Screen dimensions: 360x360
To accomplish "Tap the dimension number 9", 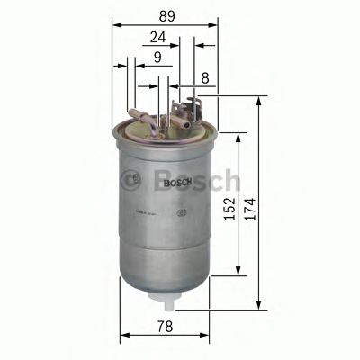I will (x=157, y=58).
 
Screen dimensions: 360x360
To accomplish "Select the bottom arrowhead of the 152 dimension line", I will (x=238, y=273).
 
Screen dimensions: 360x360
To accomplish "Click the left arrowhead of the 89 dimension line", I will (x=116, y=25).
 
